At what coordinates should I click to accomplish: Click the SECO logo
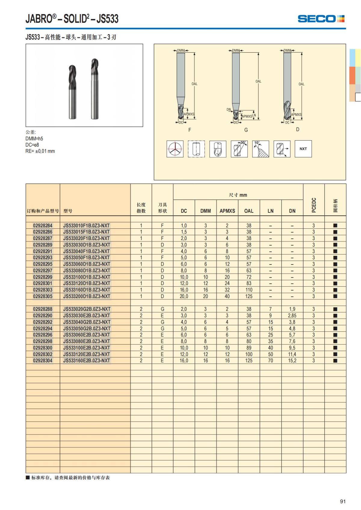coord(321,19)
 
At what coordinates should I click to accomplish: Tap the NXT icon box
coord(303,149)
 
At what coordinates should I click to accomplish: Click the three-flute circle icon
coord(175,149)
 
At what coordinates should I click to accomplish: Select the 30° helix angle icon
coord(239,149)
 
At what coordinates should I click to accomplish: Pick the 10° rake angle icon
coord(261,149)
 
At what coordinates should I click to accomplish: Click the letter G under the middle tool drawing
coord(246,130)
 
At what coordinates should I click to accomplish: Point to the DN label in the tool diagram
coord(229,110)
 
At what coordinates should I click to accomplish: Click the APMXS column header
coord(227,211)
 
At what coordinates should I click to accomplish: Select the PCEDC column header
coord(314,205)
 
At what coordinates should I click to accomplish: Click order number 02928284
coord(43,226)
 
